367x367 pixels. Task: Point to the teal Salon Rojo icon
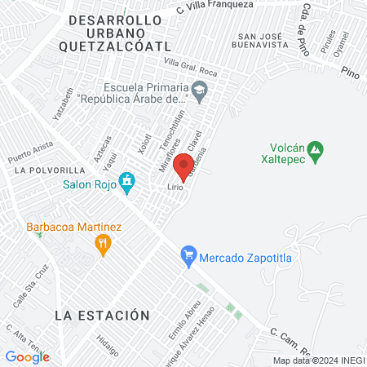click(x=126, y=181)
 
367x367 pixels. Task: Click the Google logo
click(x=27, y=356)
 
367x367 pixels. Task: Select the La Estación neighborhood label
click(x=103, y=315)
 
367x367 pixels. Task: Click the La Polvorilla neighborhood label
click(x=50, y=170)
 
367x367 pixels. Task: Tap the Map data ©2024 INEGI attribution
click(x=319, y=360)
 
